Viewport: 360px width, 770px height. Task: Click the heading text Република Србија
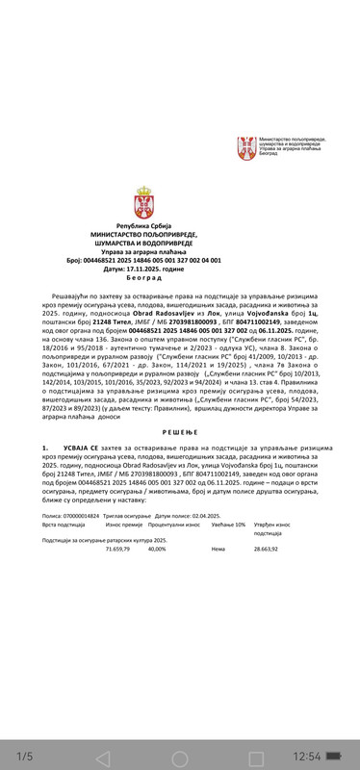[142, 224]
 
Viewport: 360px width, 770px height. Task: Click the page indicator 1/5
[26, 756]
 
